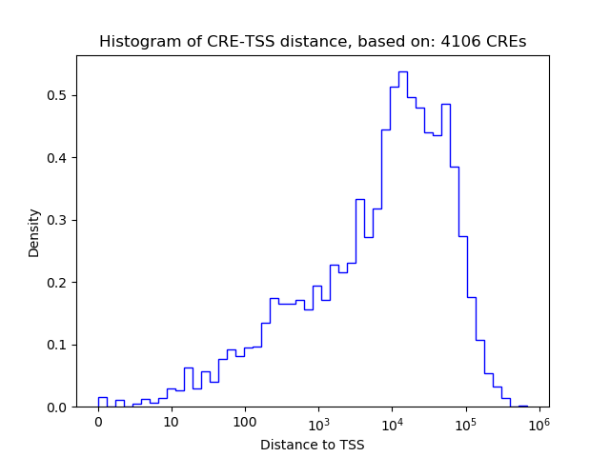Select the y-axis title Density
click(34, 232)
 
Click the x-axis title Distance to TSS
click(313, 445)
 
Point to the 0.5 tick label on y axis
click(59, 95)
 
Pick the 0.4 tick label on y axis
click(59, 158)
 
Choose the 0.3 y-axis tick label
click(59, 220)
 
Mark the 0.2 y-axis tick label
click(59, 283)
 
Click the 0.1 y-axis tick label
click(59, 345)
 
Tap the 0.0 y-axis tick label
click(59, 407)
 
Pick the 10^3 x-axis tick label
click(318, 422)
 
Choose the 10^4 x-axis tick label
click(392, 422)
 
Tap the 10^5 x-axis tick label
click(465, 422)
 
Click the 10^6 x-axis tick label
click(539, 422)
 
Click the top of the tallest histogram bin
click(403, 71)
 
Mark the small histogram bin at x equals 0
click(102, 402)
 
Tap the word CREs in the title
click(509, 42)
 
